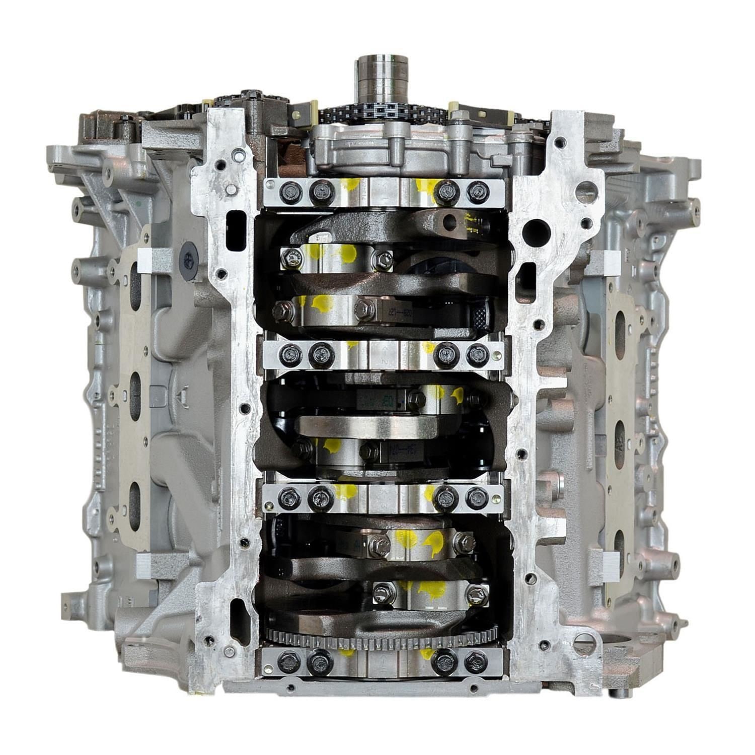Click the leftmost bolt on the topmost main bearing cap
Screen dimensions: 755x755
(x=290, y=192)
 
